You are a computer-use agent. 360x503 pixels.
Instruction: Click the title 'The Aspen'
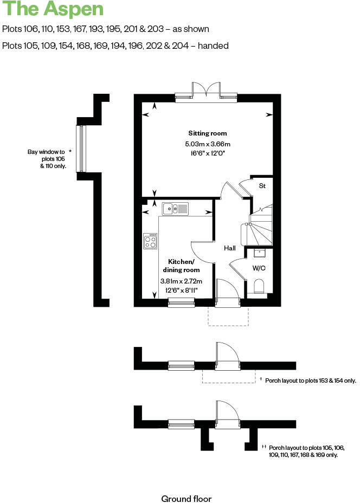pos(53,10)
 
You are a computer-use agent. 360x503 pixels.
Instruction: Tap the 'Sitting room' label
pos(208,133)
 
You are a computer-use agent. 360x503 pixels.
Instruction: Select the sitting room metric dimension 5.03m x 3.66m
pos(208,144)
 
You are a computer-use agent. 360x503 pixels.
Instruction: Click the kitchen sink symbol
pos(175,208)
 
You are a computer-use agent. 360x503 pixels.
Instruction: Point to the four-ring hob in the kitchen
pos(150,241)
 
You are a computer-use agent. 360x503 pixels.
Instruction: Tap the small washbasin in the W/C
pos(259,253)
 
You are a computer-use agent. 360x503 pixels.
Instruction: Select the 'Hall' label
pos(230,248)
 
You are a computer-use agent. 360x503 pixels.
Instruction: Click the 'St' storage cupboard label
pos(262,186)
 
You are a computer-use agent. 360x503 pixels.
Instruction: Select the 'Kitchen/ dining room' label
pos(181,265)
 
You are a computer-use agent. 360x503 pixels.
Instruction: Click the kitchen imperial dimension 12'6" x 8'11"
pos(181,291)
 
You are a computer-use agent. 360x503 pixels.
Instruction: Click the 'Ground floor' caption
pos(187,499)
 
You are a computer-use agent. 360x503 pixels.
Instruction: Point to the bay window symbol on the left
pos(81,149)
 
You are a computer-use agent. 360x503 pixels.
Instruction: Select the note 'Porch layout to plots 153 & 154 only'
pos(310,381)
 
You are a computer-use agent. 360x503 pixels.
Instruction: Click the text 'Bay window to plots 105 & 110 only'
pos(47,159)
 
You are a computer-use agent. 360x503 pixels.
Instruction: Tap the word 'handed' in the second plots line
pos(213,46)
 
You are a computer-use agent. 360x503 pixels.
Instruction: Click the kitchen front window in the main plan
pos(181,304)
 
